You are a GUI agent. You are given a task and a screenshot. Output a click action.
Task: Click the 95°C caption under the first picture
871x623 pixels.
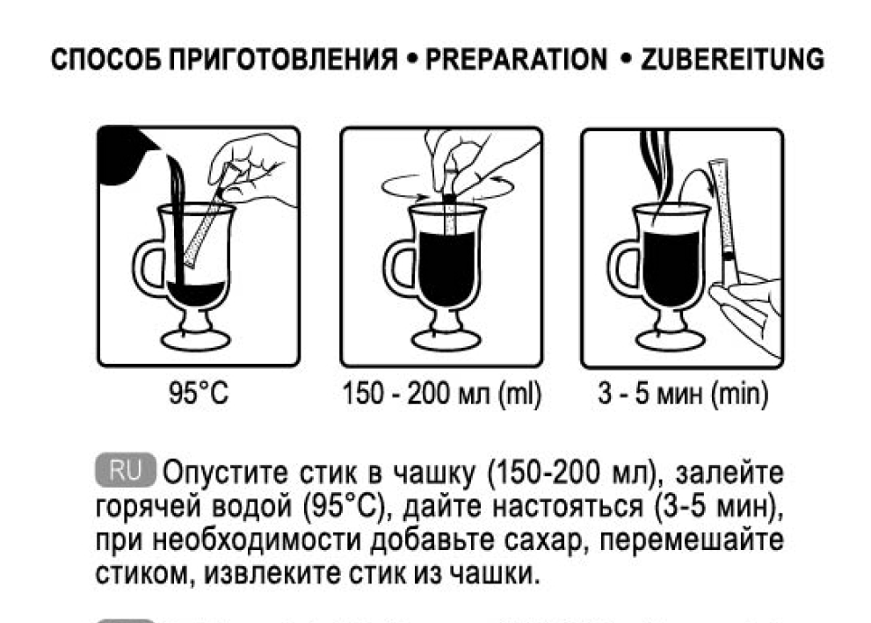[x=199, y=393]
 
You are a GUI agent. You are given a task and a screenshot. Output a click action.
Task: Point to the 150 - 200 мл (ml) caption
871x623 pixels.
[x=441, y=394]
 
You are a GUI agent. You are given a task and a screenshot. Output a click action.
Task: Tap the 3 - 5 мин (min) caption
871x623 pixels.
[x=683, y=394]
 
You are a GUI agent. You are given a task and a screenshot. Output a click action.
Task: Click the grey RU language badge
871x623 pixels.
[x=126, y=471]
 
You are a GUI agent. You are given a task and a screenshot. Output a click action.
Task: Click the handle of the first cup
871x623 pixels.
[x=146, y=268]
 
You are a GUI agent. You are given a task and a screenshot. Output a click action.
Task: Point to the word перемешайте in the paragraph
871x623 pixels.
[x=692, y=540]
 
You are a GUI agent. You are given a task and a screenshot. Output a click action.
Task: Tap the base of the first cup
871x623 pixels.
[x=195, y=338]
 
